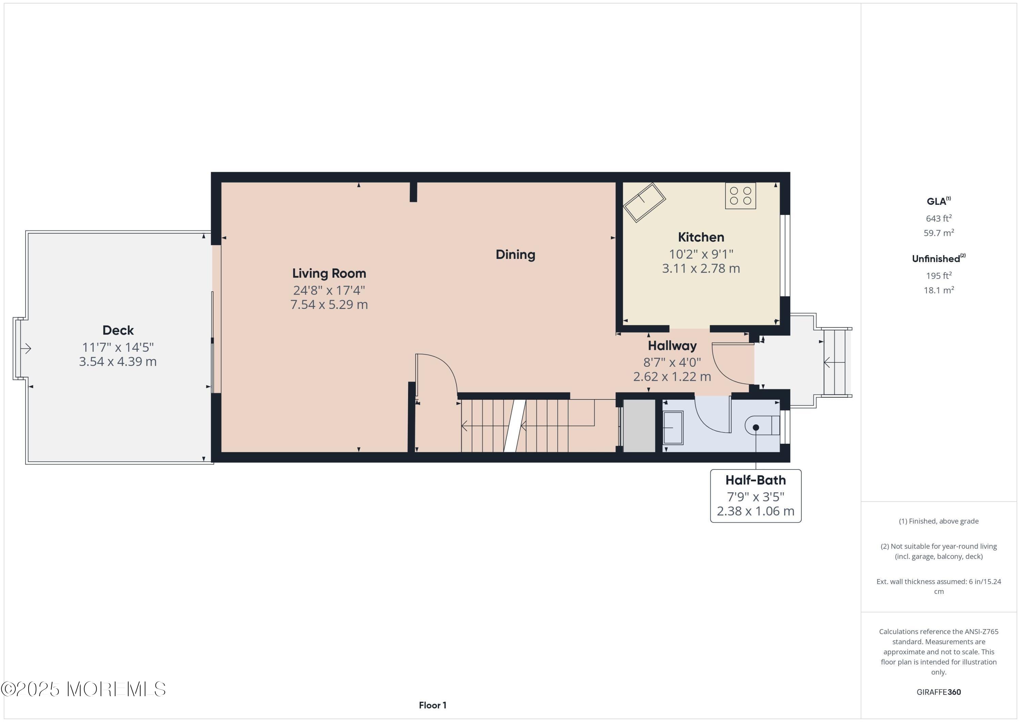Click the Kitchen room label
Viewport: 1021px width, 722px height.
point(700,237)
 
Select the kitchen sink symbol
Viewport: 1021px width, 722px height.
point(644,203)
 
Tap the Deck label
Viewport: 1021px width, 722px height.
point(118,330)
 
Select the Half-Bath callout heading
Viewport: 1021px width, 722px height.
point(755,480)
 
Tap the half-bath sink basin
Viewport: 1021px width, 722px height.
point(673,427)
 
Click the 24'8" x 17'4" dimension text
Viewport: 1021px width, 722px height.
point(329,290)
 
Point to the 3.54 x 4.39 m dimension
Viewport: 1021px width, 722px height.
point(118,361)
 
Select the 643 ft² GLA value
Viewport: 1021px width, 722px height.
point(938,218)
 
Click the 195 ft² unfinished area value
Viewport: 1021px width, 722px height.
point(938,276)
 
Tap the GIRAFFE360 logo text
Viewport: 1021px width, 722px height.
point(938,692)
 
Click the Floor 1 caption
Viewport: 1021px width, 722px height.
point(432,705)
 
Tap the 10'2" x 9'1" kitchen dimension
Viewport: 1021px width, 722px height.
point(700,254)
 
